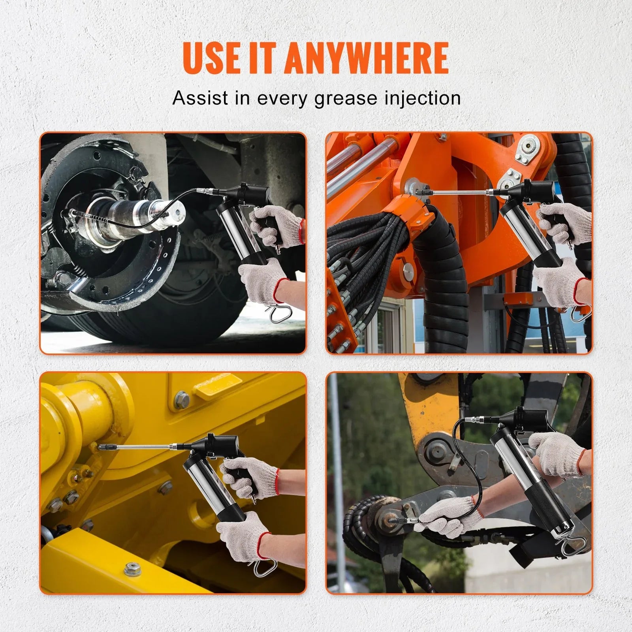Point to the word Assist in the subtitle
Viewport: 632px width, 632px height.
coord(201,98)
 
